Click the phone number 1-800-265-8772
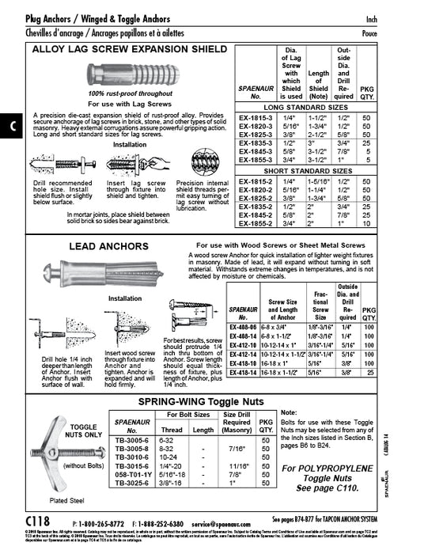click(99, 524)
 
